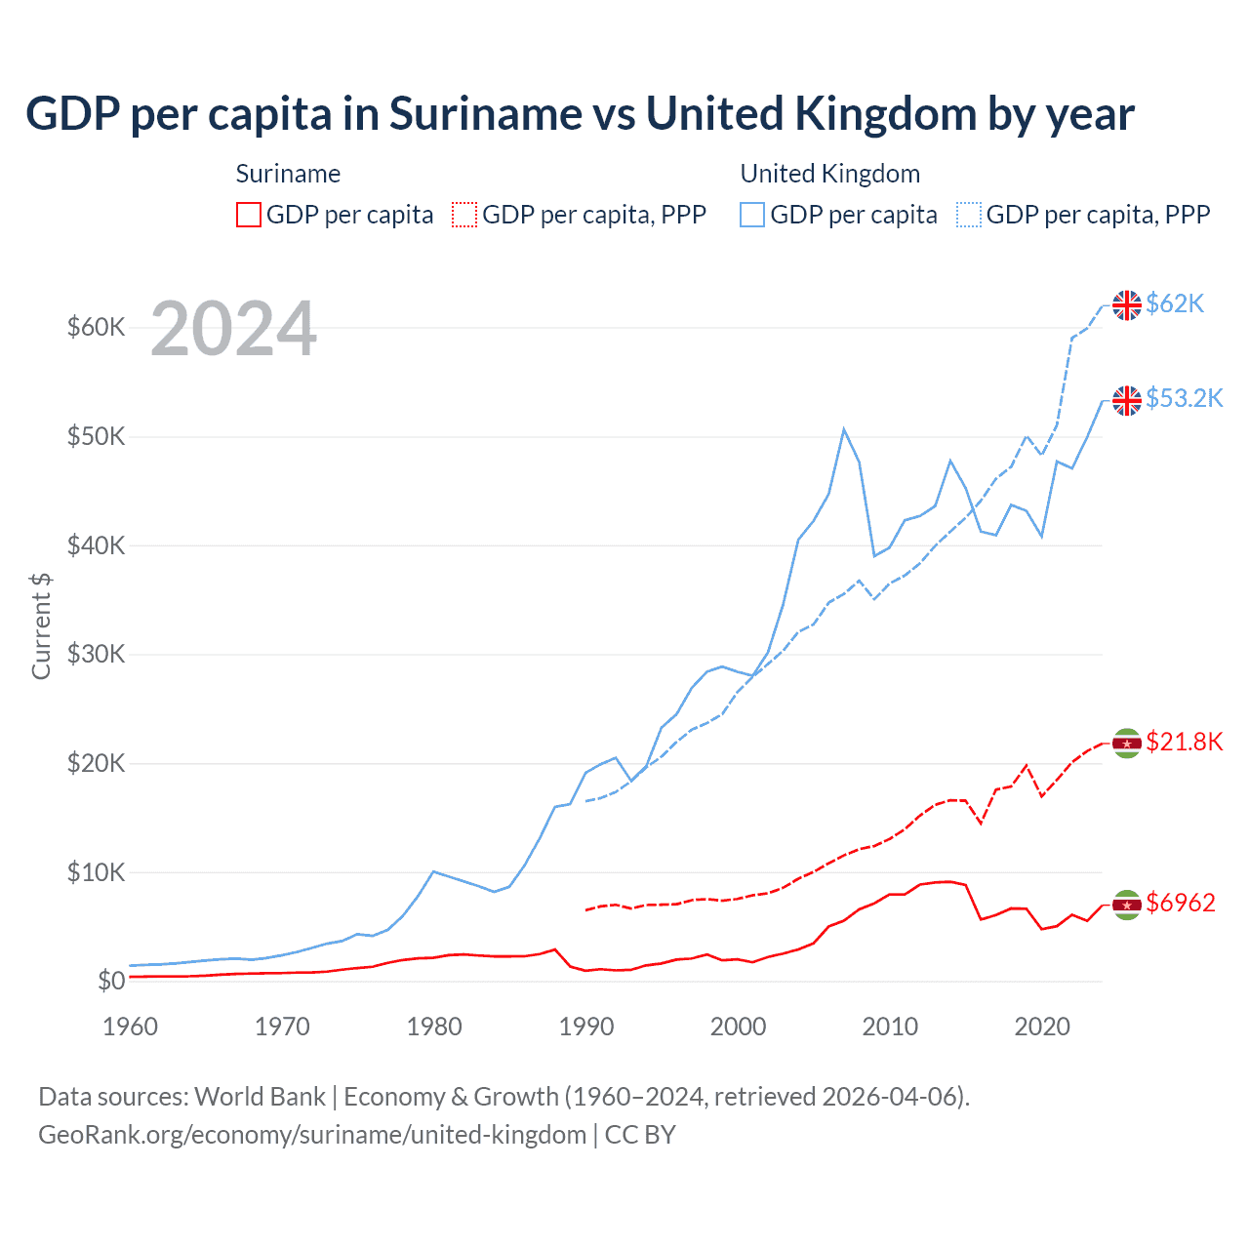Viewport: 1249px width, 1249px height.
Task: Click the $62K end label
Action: pyautogui.click(x=1175, y=304)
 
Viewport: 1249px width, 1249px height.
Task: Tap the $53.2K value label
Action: pyautogui.click(x=1184, y=399)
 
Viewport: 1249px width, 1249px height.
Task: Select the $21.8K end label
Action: pyautogui.click(x=1184, y=743)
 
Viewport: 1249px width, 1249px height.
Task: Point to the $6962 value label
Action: pyautogui.click(x=1180, y=904)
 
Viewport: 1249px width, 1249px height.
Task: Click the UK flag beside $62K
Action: pyautogui.click(x=1127, y=305)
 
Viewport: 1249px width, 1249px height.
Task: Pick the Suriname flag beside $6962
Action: pyautogui.click(x=1127, y=905)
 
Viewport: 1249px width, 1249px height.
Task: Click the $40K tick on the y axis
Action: pyautogui.click(x=96, y=545)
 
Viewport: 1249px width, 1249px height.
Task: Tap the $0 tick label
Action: pyautogui.click(x=111, y=981)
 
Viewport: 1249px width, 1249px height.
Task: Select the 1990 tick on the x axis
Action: pyautogui.click(x=586, y=1027)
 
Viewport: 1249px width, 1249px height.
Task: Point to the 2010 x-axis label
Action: pyautogui.click(x=890, y=1027)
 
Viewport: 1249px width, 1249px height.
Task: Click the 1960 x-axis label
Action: pyautogui.click(x=130, y=1027)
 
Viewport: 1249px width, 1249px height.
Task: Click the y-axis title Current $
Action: pyautogui.click(x=41, y=626)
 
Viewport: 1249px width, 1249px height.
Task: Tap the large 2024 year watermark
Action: pyautogui.click(x=233, y=330)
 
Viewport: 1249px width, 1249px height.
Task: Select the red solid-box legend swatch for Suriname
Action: pyautogui.click(x=249, y=215)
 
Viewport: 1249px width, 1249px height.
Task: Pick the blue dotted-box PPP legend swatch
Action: pyautogui.click(x=969, y=215)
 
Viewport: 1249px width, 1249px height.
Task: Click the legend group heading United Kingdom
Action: pyautogui.click(x=829, y=174)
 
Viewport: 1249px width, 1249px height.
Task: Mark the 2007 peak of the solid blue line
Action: pyautogui.click(x=844, y=429)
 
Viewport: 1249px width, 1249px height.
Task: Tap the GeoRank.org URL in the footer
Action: pyautogui.click(x=312, y=1135)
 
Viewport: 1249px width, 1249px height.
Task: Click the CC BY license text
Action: pyautogui.click(x=640, y=1135)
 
